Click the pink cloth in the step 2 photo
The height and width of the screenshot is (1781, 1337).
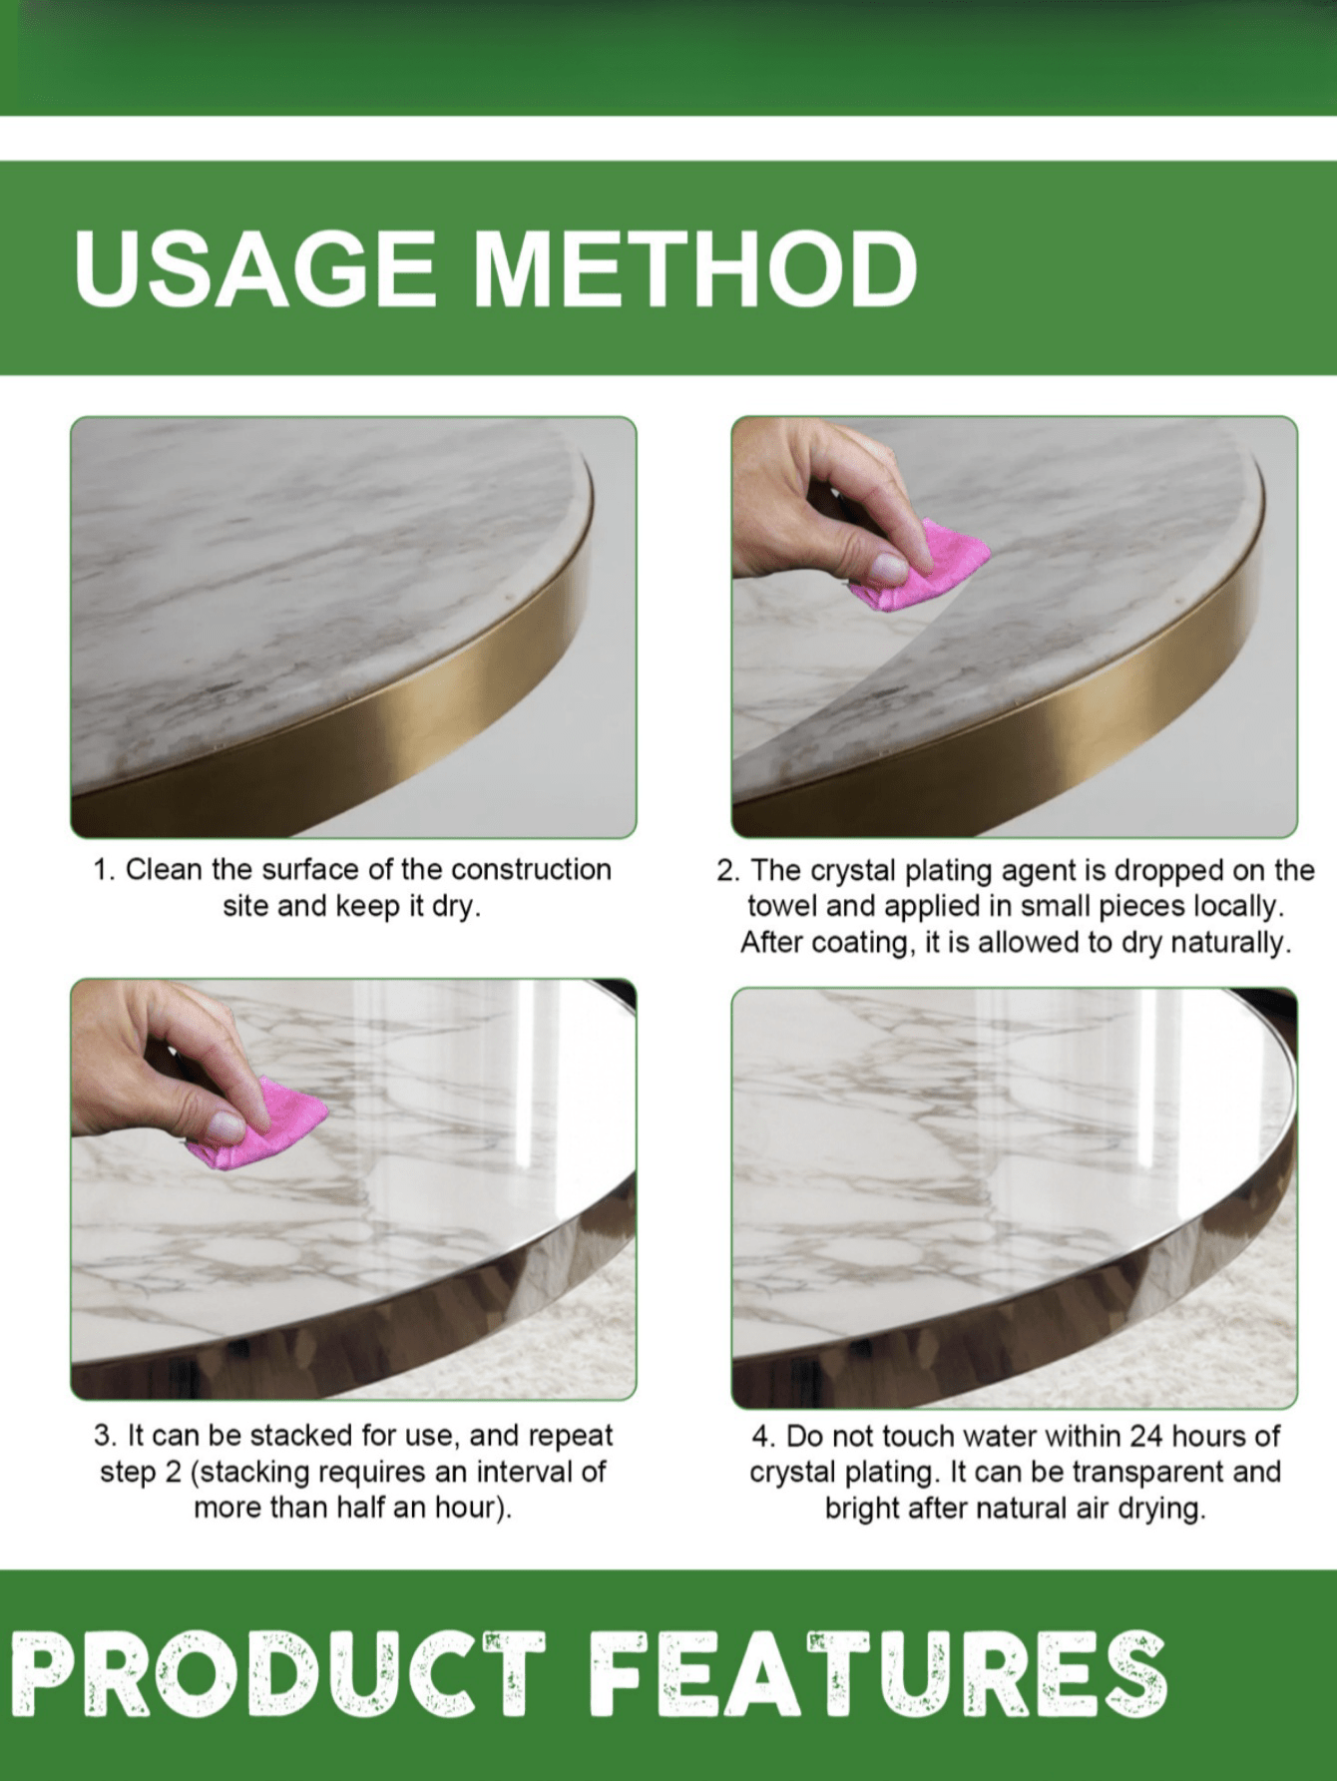pos(923,563)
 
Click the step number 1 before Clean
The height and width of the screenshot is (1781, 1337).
pos(102,870)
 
